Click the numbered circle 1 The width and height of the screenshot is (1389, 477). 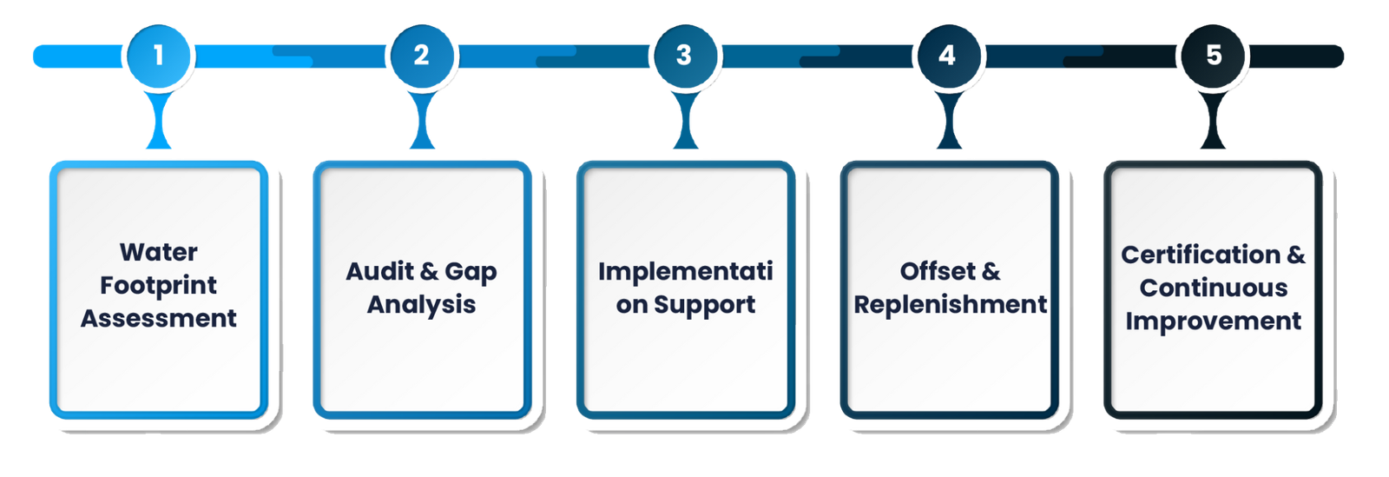pyautogui.click(x=159, y=56)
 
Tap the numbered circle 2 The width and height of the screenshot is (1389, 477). pyautogui.click(x=421, y=56)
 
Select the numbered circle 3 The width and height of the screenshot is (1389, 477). pyautogui.click(x=684, y=56)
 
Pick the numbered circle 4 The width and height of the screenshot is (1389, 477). pyautogui.click(x=947, y=56)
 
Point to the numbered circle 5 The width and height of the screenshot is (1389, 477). pyautogui.click(x=1213, y=56)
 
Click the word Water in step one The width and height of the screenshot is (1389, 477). pyautogui.click(x=159, y=252)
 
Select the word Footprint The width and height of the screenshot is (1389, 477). pyautogui.click(x=159, y=285)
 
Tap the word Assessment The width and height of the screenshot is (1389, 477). pyautogui.click(x=159, y=318)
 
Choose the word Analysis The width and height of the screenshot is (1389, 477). pyautogui.click(x=421, y=304)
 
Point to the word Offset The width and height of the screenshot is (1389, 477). pyautogui.click(x=937, y=271)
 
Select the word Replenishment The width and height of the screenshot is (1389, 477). pyautogui.click(x=950, y=304)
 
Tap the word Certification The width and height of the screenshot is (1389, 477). pyautogui.click(x=1200, y=255)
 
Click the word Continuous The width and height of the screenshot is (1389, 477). pyautogui.click(x=1213, y=288)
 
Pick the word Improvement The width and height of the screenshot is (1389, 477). pyautogui.click(x=1213, y=321)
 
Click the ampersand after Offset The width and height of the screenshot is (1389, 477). pyautogui.click(x=991, y=271)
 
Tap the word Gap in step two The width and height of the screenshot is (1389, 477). pyautogui.click(x=471, y=272)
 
